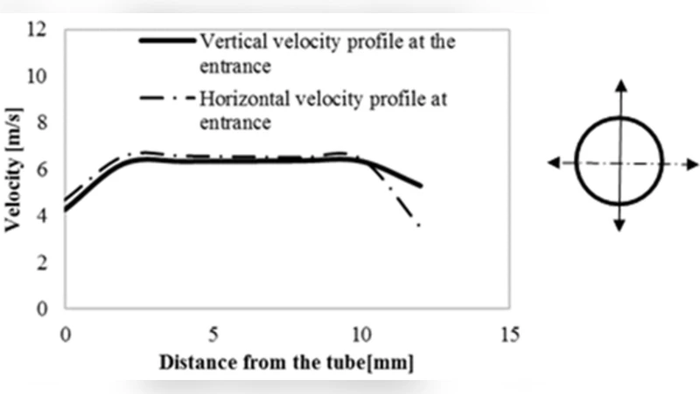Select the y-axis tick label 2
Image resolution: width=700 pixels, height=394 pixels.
click(x=38, y=262)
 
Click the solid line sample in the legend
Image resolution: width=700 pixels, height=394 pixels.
click(x=166, y=40)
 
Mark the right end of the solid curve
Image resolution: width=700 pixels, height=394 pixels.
click(x=421, y=186)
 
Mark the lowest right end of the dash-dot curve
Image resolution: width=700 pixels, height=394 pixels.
click(x=420, y=226)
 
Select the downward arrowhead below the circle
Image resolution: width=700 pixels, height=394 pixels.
click(x=619, y=226)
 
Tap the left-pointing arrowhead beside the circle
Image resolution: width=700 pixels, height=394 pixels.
click(x=553, y=163)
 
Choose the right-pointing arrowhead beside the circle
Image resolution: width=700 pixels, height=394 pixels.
click(x=693, y=163)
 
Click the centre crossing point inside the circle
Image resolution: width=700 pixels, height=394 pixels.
click(x=619, y=163)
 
